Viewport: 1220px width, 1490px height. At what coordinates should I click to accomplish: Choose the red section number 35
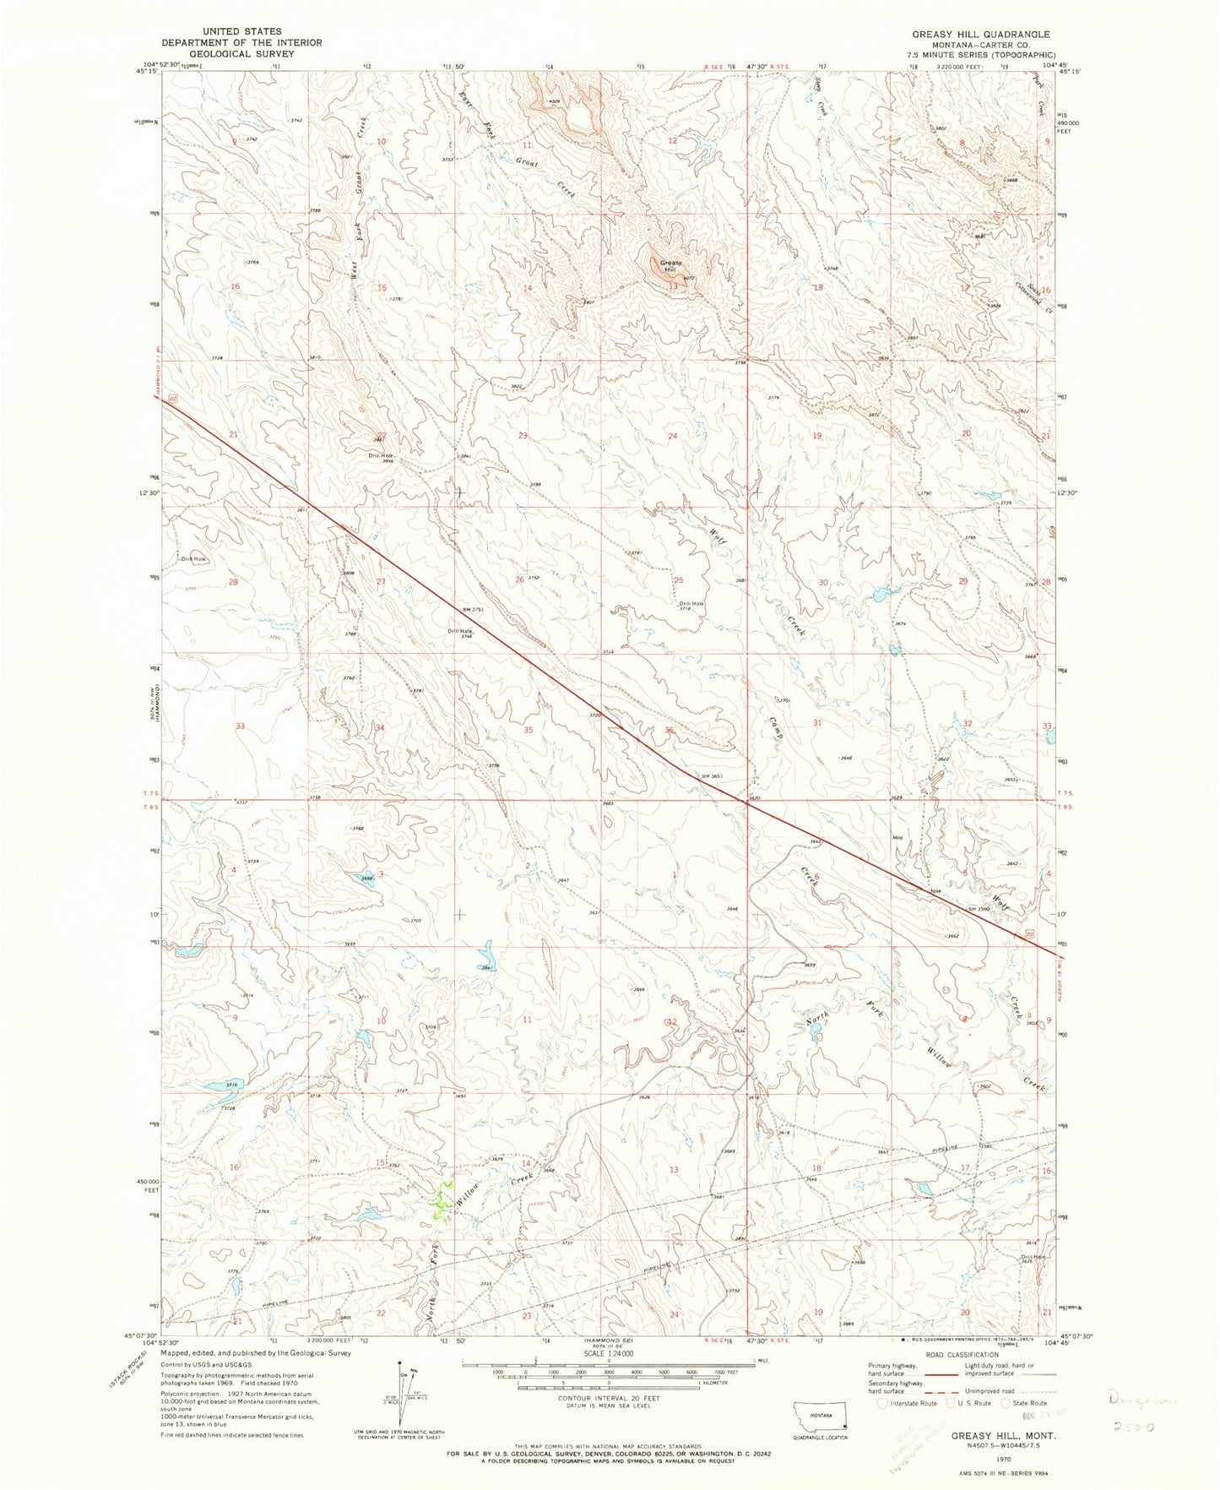[x=529, y=729]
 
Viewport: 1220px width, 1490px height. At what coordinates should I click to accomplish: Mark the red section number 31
[x=816, y=723]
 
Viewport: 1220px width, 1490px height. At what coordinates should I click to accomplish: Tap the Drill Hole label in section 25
[x=691, y=603]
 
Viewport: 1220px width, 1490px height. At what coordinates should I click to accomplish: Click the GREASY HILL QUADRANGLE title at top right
[x=979, y=35]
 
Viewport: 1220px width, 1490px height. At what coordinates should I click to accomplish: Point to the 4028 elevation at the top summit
[x=555, y=102]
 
